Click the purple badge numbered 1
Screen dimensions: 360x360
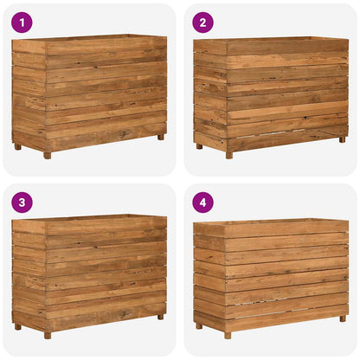22,22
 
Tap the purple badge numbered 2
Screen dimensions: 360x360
202,22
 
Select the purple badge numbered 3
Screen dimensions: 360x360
22,202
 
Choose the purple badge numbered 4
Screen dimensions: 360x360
202,202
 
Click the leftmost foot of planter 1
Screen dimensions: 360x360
17,146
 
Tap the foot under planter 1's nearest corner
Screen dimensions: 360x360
47,155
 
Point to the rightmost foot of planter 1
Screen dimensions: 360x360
160,137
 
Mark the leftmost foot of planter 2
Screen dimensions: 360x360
198,146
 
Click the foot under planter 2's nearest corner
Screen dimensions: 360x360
228,155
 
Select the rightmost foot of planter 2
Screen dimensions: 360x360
342,137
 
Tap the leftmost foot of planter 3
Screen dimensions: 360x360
17,326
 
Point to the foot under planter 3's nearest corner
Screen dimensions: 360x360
47,335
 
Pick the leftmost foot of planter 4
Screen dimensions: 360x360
198,326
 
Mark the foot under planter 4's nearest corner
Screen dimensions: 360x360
228,335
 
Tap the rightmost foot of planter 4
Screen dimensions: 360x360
342,317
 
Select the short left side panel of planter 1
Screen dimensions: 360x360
29,95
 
